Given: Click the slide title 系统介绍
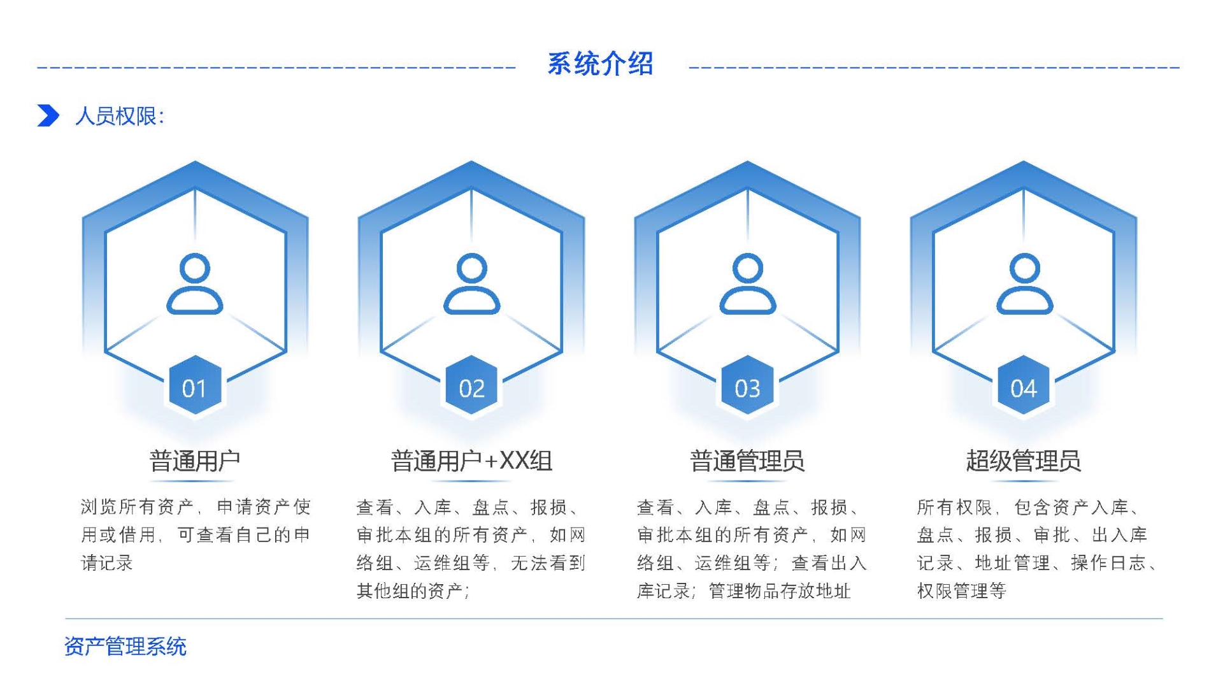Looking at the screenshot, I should (x=600, y=64).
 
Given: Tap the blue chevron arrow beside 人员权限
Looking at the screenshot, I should (x=48, y=115).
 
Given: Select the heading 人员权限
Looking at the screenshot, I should (x=119, y=116).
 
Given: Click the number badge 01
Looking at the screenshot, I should (x=195, y=387).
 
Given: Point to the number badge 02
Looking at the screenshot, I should (x=471, y=387).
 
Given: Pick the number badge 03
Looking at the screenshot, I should (x=747, y=387).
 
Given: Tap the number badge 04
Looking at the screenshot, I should (x=1023, y=387).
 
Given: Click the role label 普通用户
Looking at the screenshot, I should (x=194, y=460).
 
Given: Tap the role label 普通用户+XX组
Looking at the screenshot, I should (x=471, y=460).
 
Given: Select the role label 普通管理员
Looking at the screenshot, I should (x=747, y=460).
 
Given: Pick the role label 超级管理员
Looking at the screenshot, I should (x=1023, y=460).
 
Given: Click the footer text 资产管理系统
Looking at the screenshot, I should (x=125, y=646).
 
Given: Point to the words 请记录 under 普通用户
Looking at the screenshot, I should (x=107, y=563).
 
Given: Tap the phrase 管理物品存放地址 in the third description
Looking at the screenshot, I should (x=780, y=591).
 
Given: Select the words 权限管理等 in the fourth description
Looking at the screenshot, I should (x=961, y=591).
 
